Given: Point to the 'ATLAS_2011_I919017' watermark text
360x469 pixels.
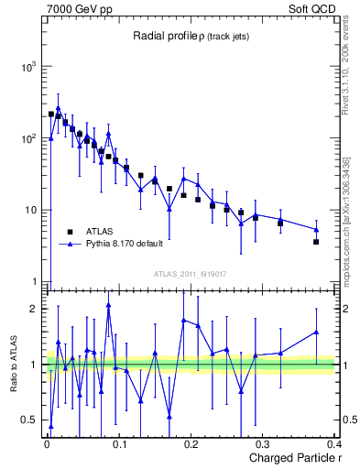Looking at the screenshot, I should point(190,273).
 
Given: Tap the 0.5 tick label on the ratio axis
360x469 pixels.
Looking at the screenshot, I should point(27,420).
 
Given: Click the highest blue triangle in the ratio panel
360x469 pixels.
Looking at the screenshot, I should point(108,305).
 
